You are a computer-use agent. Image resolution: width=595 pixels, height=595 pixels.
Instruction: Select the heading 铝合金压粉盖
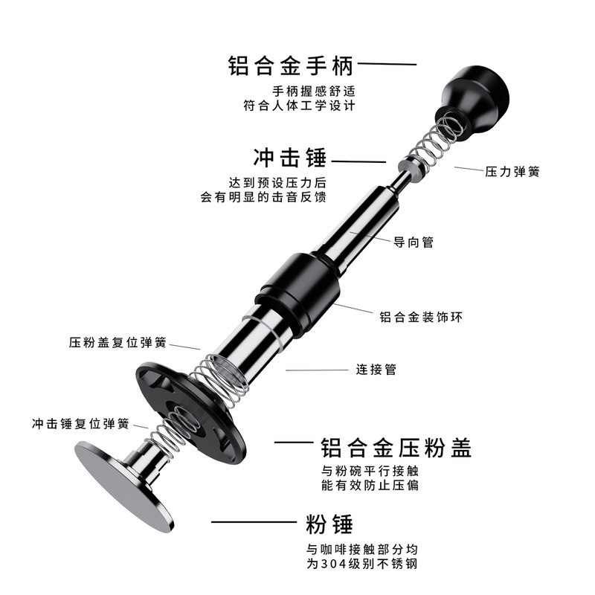396,448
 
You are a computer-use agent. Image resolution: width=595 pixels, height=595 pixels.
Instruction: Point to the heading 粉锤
329,523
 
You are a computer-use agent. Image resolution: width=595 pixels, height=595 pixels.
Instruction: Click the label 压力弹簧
512,171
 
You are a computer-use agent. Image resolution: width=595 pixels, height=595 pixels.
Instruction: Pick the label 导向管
414,242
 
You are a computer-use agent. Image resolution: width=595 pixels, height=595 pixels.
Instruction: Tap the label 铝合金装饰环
422,317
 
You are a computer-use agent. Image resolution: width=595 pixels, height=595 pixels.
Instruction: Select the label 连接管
376,369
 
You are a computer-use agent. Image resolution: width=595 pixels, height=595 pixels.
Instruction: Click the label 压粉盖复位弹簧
118,343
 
